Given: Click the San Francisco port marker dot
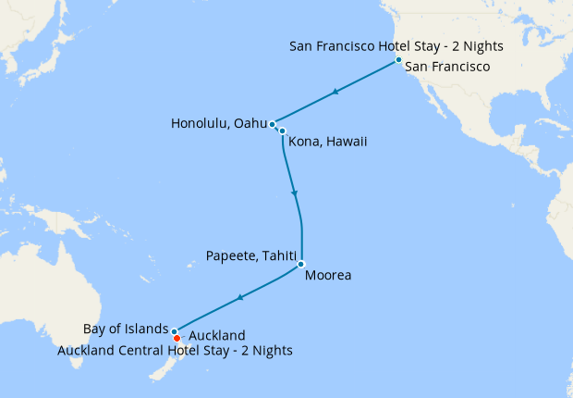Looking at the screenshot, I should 398,60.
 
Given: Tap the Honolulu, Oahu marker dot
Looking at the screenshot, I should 272,124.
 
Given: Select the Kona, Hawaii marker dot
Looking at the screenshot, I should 282,131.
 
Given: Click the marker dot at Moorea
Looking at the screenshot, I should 301,264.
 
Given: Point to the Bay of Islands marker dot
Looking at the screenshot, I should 174,330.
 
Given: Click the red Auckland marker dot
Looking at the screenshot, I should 177,338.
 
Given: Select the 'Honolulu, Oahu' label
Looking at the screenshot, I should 218,124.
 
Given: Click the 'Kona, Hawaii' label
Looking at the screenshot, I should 328,142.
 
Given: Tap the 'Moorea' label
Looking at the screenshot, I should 328,275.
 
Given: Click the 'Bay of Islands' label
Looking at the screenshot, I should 125,329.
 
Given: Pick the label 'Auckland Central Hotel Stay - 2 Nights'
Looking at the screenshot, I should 175,351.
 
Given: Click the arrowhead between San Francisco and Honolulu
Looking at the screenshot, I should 335,92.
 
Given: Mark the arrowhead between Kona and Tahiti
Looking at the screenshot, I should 295,193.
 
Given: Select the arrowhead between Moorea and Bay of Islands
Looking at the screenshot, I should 239,297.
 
